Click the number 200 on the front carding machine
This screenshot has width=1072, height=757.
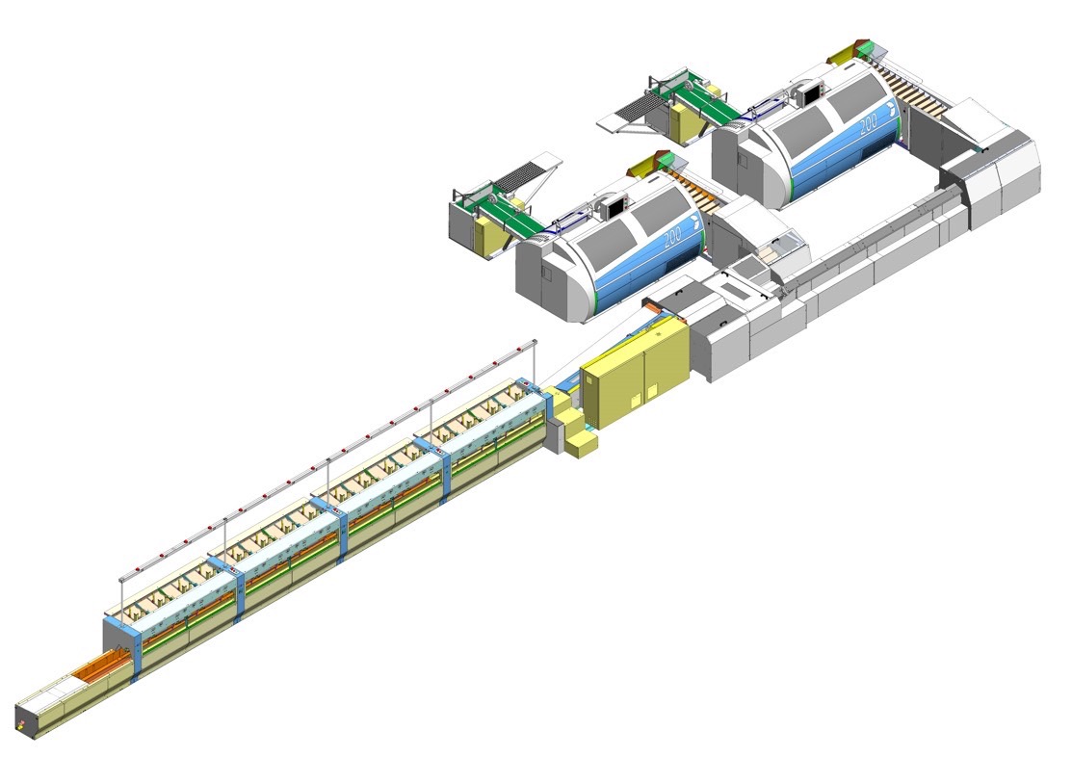[672, 236]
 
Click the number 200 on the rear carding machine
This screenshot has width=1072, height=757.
[868, 124]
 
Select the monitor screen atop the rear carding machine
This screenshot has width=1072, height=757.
[813, 94]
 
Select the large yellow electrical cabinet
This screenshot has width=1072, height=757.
[635, 374]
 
